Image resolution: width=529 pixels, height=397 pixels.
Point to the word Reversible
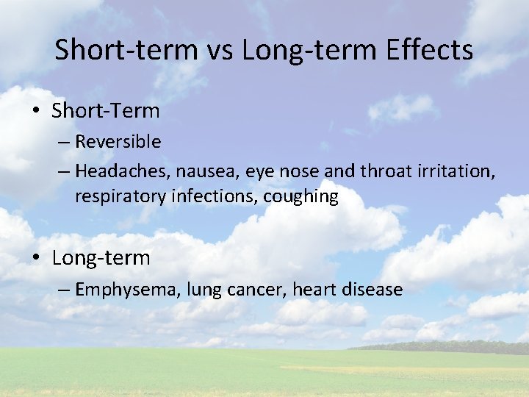(x=118, y=141)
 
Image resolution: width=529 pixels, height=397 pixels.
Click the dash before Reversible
(x=64, y=142)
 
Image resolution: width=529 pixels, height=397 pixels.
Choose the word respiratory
(x=119, y=198)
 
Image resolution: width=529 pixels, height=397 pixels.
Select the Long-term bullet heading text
(x=101, y=258)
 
